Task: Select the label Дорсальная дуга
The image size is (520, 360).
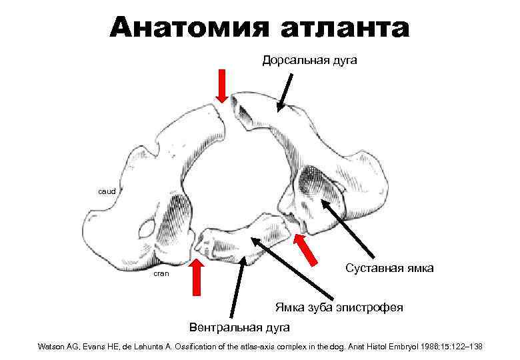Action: (x=309, y=61)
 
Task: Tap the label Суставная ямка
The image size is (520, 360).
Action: (x=390, y=268)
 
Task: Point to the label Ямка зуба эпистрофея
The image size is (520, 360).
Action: (x=339, y=307)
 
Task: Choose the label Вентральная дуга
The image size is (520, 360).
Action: (x=239, y=327)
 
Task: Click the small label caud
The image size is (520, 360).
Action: (x=107, y=191)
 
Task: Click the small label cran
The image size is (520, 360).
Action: (x=161, y=273)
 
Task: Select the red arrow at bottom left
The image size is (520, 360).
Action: (x=196, y=277)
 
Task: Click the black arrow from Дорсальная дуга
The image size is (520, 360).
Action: (x=287, y=91)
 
